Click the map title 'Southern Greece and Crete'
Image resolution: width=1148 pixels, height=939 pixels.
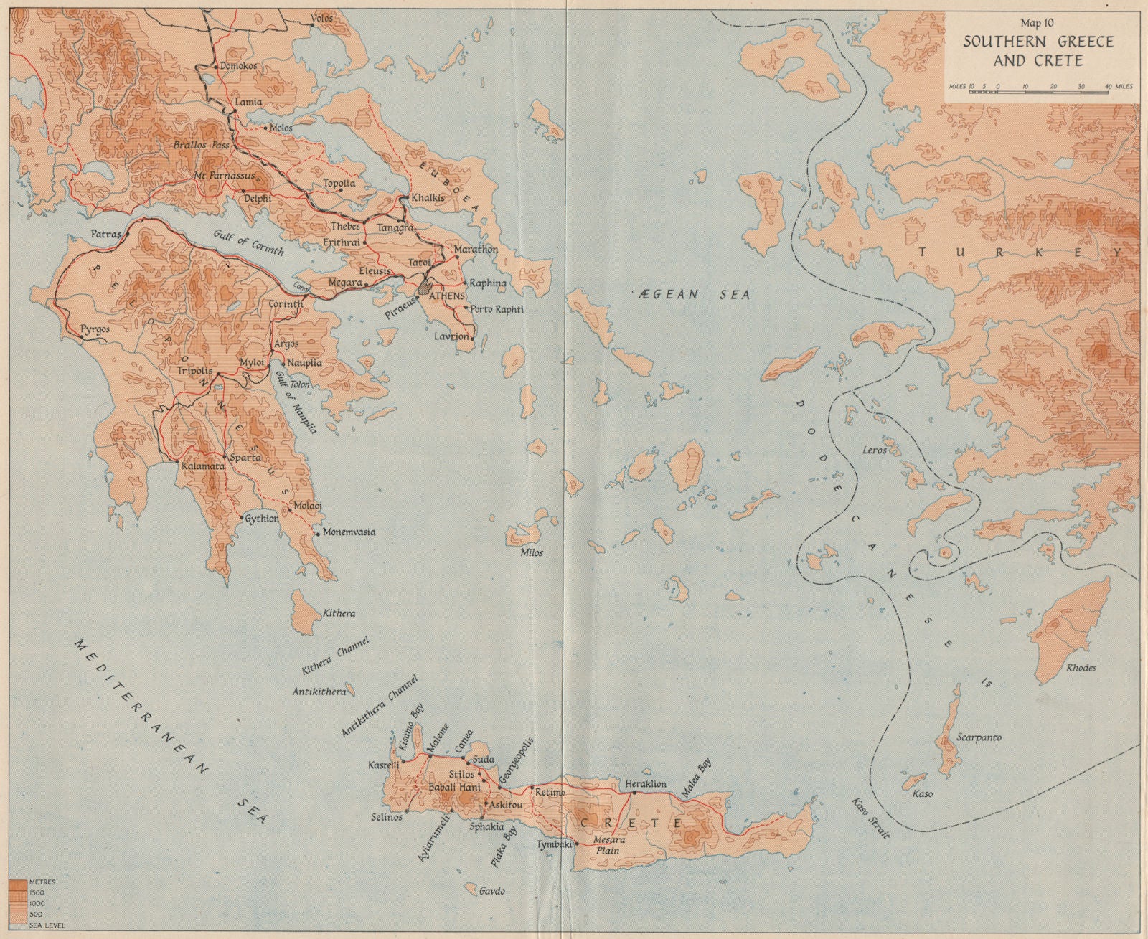pos(1038,51)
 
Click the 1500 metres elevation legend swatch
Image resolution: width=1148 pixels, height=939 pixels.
pos(17,890)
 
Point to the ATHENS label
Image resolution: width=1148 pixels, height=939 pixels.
pos(446,296)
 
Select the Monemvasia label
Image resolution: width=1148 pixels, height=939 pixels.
pos(349,532)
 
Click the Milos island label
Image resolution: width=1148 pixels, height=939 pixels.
pos(532,552)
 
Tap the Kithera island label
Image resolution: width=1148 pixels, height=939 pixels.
pos(339,614)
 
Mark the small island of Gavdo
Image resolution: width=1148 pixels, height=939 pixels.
pos(471,888)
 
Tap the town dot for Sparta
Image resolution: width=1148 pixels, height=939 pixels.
pos(225,457)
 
